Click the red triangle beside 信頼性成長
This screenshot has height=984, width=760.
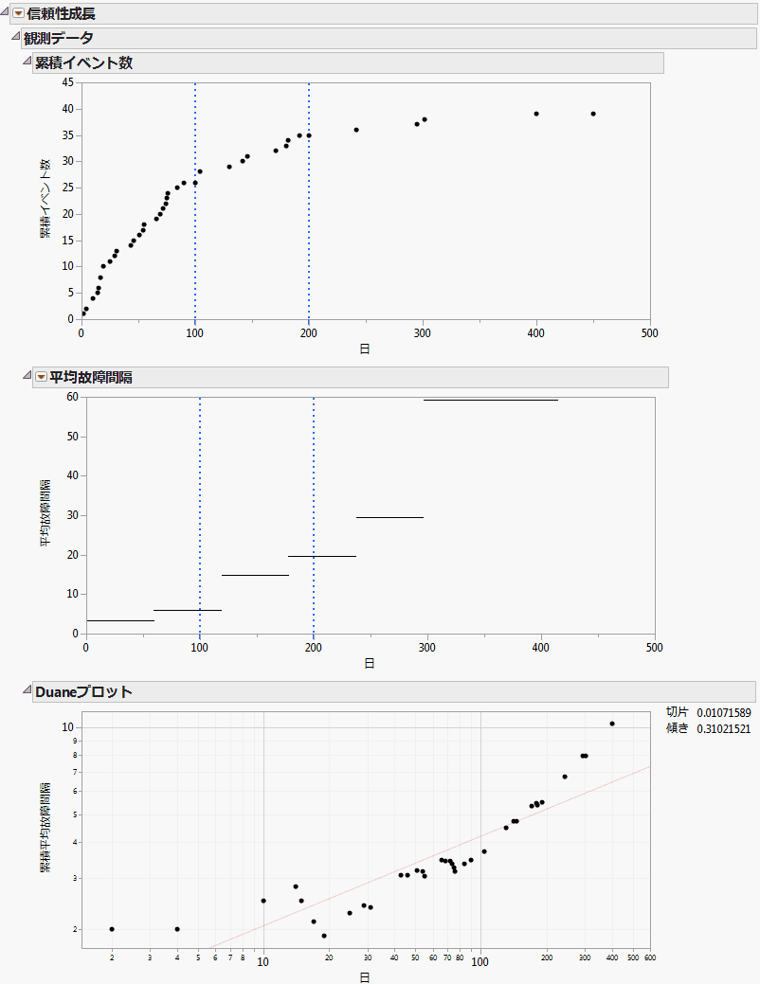[x=18, y=13]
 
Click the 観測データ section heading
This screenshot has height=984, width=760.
[x=58, y=38]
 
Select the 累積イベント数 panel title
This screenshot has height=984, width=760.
[x=83, y=63]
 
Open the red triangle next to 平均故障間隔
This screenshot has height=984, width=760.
[x=41, y=377]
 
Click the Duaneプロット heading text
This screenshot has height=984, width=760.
[x=82, y=692]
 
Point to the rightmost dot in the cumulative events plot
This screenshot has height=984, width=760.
[x=593, y=114]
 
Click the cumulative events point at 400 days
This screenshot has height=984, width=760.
[x=536, y=114]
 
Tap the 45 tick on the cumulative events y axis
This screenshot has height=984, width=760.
[x=67, y=82]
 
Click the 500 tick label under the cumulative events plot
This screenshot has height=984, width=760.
[x=650, y=332]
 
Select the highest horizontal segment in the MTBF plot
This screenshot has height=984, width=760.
[x=490, y=400]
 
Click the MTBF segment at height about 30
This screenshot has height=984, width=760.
[x=389, y=517]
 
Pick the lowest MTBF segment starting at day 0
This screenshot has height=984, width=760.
[x=119, y=620]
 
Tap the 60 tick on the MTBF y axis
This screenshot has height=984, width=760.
[x=72, y=397]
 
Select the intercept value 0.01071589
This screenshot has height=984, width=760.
[x=723, y=712]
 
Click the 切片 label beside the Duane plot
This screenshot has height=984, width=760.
[x=677, y=712]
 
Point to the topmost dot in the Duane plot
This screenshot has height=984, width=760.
[x=612, y=724]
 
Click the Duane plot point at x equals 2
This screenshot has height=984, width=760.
[x=112, y=929]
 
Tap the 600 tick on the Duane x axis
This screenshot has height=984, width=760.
[x=650, y=958]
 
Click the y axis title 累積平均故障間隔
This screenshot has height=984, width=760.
[x=45, y=828]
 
